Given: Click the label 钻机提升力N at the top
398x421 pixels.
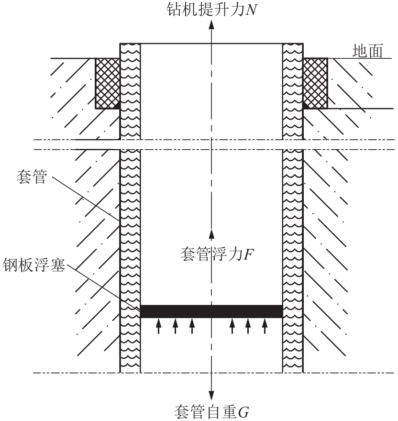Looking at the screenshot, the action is [211, 10].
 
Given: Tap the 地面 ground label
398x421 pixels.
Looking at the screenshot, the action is [367, 51].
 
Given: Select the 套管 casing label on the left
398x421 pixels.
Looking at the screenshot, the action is [32, 177].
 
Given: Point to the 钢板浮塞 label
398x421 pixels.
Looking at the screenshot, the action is [34, 265].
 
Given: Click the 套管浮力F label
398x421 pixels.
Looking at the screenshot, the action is [217, 254].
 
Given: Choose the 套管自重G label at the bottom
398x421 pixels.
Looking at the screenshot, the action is [211, 412].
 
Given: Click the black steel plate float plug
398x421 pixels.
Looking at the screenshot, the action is [211, 311].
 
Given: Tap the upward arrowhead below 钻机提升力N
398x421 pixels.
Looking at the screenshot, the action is [211, 24].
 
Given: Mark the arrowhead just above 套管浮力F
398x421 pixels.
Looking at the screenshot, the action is [211, 234].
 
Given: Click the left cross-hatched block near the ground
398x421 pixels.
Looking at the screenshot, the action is [108, 84].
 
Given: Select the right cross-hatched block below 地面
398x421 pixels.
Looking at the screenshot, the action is [315, 84].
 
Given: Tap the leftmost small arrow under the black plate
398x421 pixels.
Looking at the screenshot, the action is [159, 326].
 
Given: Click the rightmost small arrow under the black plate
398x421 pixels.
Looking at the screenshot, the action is [265, 326].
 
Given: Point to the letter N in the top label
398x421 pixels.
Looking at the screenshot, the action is [251, 10].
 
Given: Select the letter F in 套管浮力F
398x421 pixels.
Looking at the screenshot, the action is [248, 254].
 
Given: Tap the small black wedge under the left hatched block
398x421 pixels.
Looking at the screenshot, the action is [117, 107].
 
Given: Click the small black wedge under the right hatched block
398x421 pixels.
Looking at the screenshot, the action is [306, 106].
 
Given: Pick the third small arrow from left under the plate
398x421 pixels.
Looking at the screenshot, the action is [192, 326].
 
